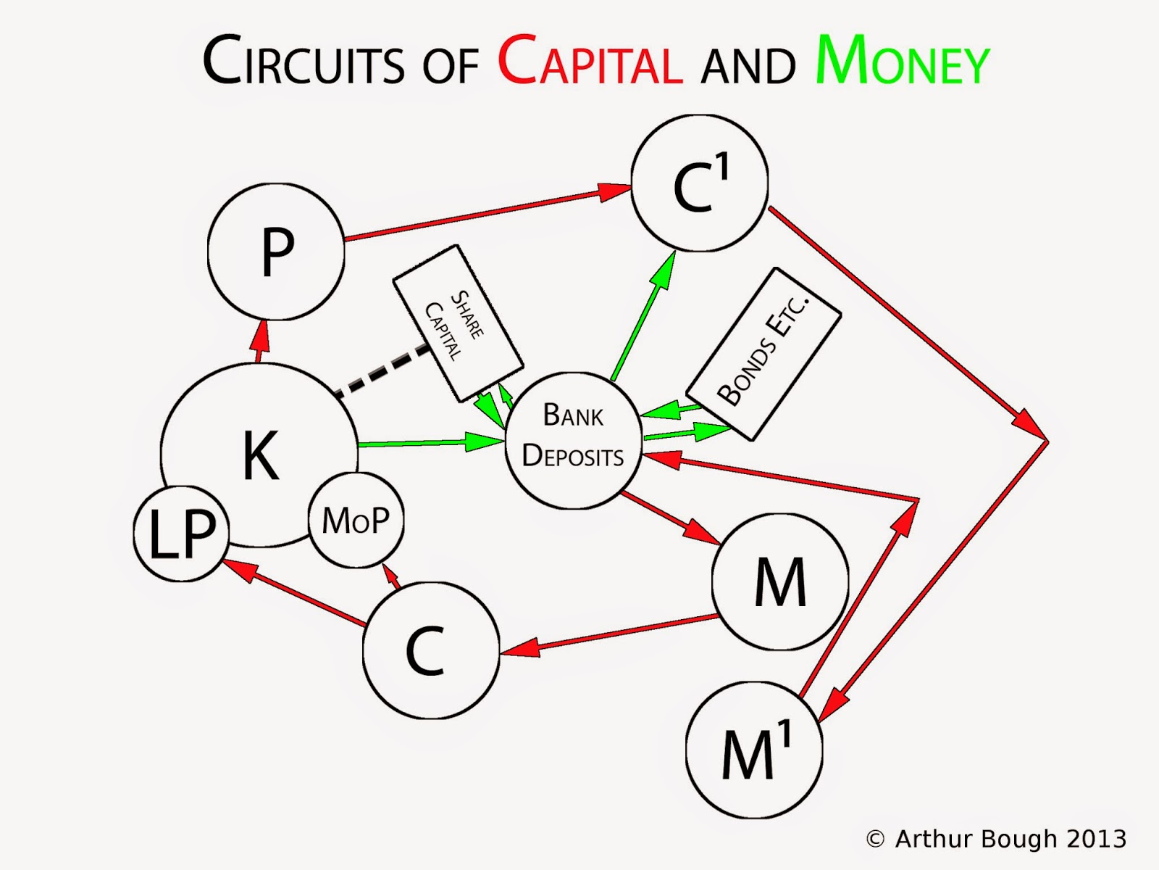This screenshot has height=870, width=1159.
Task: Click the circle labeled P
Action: tap(276, 252)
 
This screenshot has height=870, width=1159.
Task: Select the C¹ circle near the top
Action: tap(699, 183)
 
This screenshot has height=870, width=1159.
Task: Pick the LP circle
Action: tap(181, 534)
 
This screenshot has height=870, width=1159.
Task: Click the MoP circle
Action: tap(356, 520)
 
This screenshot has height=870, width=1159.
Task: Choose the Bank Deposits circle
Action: tap(573, 440)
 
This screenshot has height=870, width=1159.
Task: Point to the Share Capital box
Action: tap(458, 323)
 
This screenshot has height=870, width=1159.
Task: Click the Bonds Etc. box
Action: tap(763, 354)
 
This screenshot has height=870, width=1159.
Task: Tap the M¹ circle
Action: tap(754, 750)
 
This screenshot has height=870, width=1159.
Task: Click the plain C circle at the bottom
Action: tap(430, 650)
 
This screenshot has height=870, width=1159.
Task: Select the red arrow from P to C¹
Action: tap(485, 215)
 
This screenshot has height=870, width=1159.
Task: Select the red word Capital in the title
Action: tap(590, 61)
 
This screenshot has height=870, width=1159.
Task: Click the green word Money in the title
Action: tap(902, 61)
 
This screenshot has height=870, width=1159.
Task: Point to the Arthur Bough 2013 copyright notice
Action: tap(997, 839)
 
